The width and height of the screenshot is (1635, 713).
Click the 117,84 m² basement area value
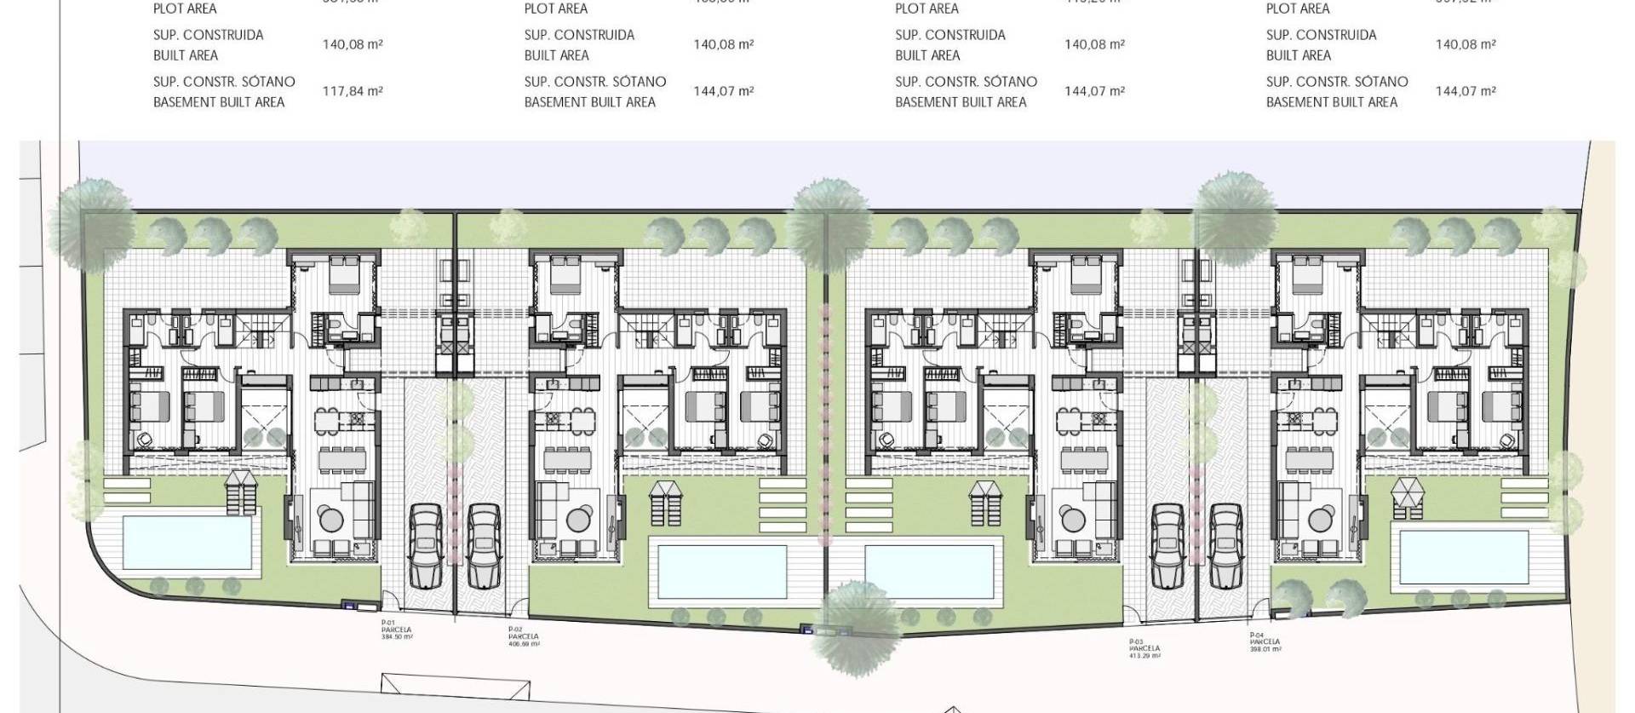coord(352,91)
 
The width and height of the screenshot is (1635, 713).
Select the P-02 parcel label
coord(523,636)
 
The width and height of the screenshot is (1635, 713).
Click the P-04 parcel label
coord(1265,641)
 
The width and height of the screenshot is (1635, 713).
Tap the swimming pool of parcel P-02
coord(720,572)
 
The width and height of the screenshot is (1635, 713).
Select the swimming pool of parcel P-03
coord(928,572)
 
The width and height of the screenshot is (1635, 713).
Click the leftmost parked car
coord(425,545)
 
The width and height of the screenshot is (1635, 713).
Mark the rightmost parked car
coord(1225,545)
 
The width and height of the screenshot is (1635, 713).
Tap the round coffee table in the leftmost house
coord(330,518)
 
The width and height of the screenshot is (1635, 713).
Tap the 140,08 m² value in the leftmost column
coord(352,44)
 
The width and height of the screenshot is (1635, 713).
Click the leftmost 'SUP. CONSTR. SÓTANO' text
coord(224,82)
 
